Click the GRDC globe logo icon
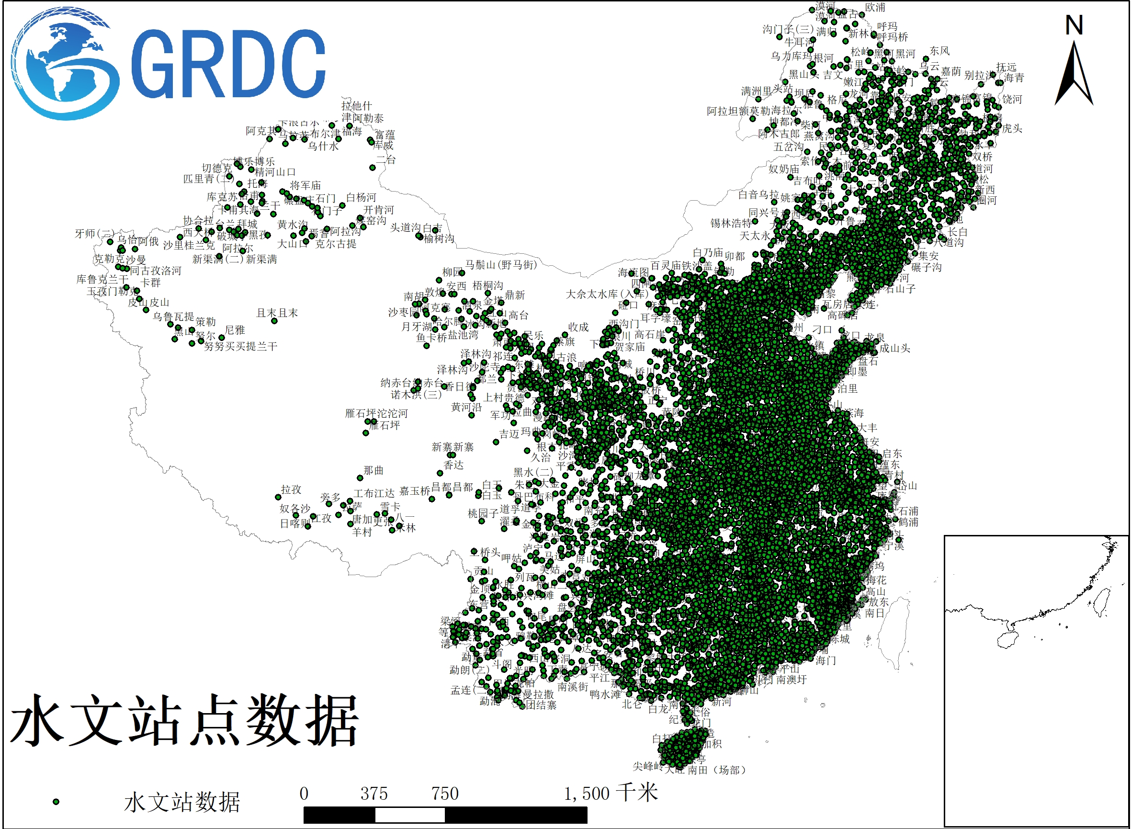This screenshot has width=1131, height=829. [x=65, y=64]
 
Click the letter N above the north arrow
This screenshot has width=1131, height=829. [x=1074, y=25]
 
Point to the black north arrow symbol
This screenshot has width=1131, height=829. [x=1074, y=75]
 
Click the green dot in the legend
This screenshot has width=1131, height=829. [x=56, y=802]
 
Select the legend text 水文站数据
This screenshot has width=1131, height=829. [x=182, y=802]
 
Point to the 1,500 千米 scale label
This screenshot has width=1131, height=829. [x=610, y=794]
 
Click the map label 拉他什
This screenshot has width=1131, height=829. [x=356, y=106]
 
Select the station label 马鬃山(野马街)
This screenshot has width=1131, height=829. [x=501, y=264]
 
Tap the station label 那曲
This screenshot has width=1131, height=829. [x=373, y=470]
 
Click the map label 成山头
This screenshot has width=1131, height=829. [x=894, y=348]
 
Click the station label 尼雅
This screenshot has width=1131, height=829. [x=235, y=329]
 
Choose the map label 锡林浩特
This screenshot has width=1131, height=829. [x=731, y=223]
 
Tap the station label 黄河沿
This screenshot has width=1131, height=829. [x=466, y=407]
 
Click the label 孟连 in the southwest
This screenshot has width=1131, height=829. [x=461, y=691]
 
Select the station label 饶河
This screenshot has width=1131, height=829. [x=1012, y=99]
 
